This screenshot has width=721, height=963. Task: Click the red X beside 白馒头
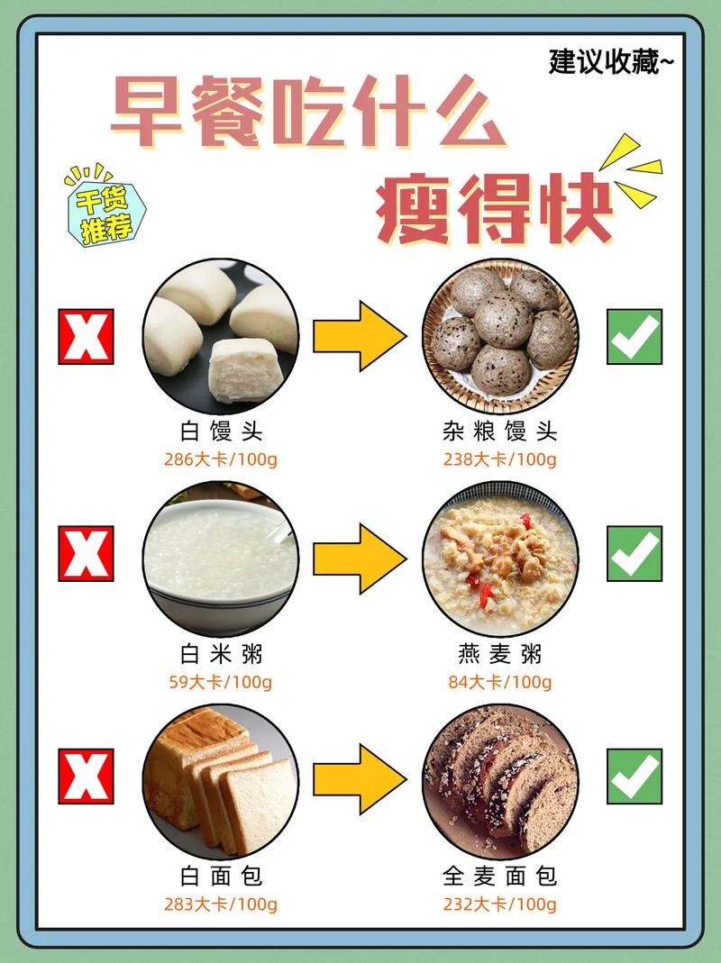click(86, 336)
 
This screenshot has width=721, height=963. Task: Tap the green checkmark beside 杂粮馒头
click(634, 336)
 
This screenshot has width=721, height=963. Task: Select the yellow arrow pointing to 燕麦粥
click(360, 559)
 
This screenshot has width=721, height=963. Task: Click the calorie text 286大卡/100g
click(221, 459)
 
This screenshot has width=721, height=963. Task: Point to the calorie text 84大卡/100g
click(499, 682)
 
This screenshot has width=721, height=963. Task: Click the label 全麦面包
click(499, 876)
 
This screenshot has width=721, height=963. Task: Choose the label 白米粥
click(221, 653)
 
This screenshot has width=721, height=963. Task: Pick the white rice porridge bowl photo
click(221, 559)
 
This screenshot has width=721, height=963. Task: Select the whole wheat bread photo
click(499, 780)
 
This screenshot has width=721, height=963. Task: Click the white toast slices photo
click(221, 780)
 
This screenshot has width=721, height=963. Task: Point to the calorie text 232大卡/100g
click(499, 904)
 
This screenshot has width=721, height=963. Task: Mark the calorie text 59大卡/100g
click(221, 682)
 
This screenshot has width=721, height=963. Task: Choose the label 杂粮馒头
click(499, 432)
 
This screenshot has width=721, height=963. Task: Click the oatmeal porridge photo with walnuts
click(499, 559)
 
